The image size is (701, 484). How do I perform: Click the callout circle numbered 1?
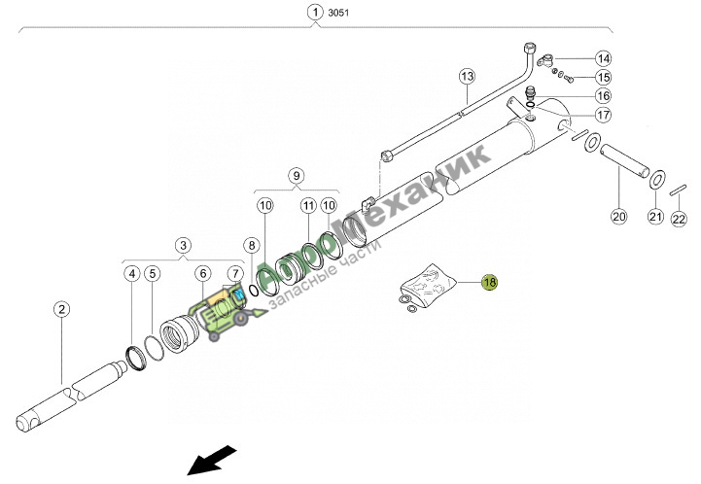pyautogui.click(x=315, y=12)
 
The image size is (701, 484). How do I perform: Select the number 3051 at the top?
pyautogui.click(x=338, y=13)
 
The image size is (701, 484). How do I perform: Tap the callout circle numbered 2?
pyautogui.click(x=61, y=309)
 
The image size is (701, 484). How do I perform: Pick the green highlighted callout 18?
pyautogui.click(x=490, y=282)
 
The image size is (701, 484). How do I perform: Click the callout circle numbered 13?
pyautogui.click(x=468, y=77)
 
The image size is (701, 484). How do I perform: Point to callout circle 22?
pyautogui.click(x=679, y=219)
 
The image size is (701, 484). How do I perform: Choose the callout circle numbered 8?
pyautogui.click(x=252, y=245)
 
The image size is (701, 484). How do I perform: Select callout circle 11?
pyautogui.click(x=308, y=206)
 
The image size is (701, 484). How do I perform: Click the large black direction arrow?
pyautogui.click(x=211, y=461)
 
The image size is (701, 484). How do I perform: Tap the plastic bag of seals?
pyautogui.click(x=427, y=284)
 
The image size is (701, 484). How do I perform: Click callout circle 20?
pyautogui.click(x=619, y=217)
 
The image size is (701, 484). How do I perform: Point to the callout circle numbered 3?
pyautogui.click(x=183, y=245)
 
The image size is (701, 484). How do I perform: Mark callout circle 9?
pyautogui.click(x=297, y=176)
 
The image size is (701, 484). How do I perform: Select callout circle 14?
pyautogui.click(x=603, y=58)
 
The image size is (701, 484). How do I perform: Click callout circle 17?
pyautogui.click(x=603, y=115)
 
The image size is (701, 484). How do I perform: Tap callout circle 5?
pyautogui.click(x=153, y=273)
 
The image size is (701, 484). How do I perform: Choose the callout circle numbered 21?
pyautogui.click(x=656, y=217)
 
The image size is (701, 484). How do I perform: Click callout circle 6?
pyautogui.click(x=203, y=273)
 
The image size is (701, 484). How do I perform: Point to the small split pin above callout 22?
pyautogui.click(x=679, y=190)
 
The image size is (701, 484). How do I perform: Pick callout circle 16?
pyautogui.click(x=603, y=95)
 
